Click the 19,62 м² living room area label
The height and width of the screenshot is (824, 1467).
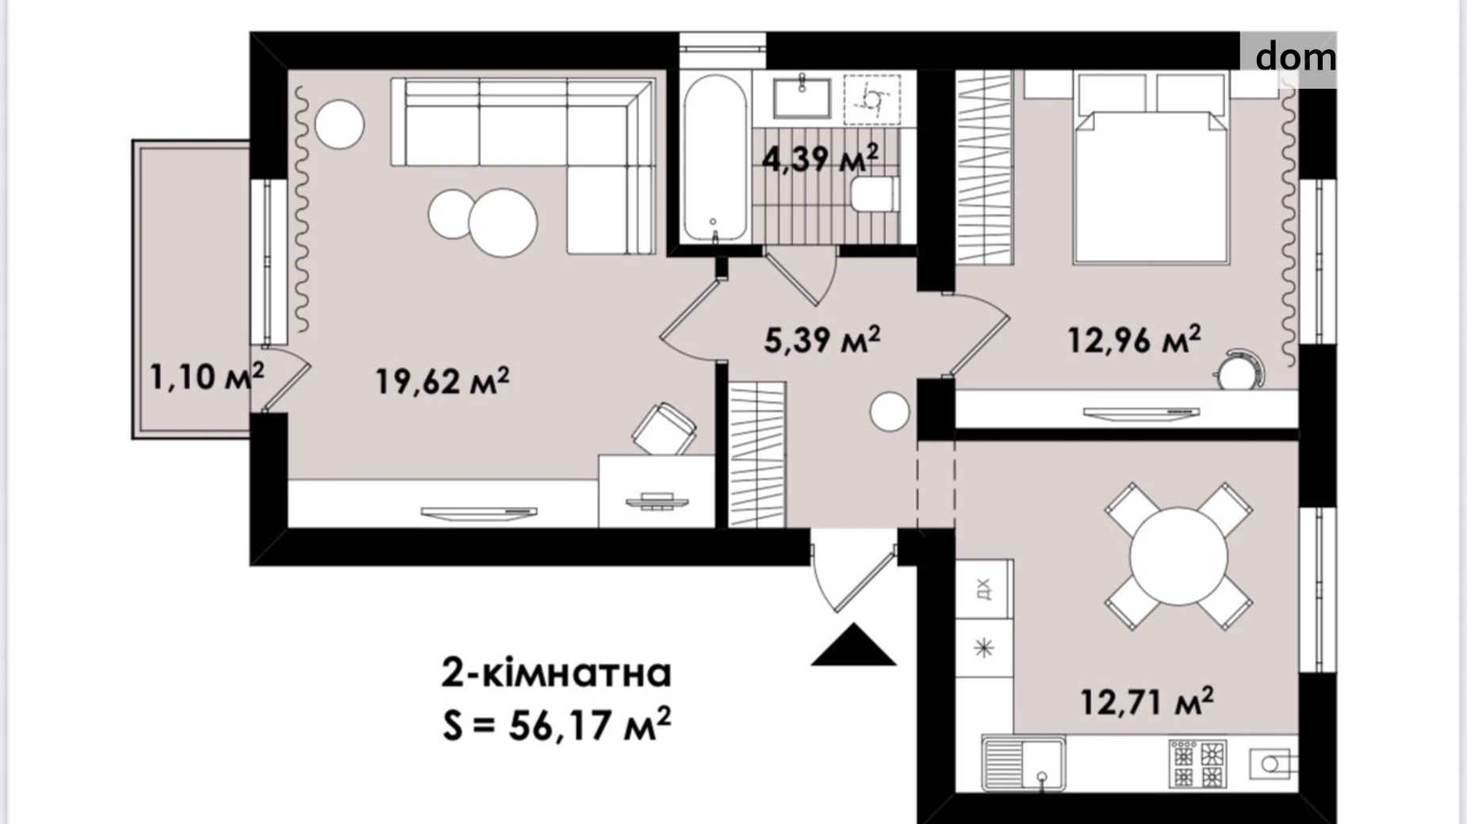[x=442, y=381]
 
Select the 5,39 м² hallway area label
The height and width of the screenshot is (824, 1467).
[x=822, y=339]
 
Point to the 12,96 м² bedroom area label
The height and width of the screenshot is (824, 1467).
[x=1134, y=339]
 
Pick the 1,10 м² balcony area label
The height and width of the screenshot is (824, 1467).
[x=207, y=376]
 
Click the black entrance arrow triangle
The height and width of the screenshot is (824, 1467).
[x=854, y=644]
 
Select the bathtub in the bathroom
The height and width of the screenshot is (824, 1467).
[x=714, y=158]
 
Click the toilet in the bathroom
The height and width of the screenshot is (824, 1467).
[x=873, y=195]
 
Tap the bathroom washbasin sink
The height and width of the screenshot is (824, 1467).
[x=802, y=98]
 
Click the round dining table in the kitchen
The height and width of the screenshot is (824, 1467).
[x=1178, y=556]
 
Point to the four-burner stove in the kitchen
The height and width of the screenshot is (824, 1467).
[x=1197, y=763]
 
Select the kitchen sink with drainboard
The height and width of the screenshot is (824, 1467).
[x=1023, y=762]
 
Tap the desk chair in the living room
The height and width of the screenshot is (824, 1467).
[x=665, y=429]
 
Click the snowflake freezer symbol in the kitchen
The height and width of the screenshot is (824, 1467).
[x=984, y=648]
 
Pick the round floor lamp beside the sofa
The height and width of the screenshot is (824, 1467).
[x=339, y=124]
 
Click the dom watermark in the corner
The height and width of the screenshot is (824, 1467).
[x=1295, y=56]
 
